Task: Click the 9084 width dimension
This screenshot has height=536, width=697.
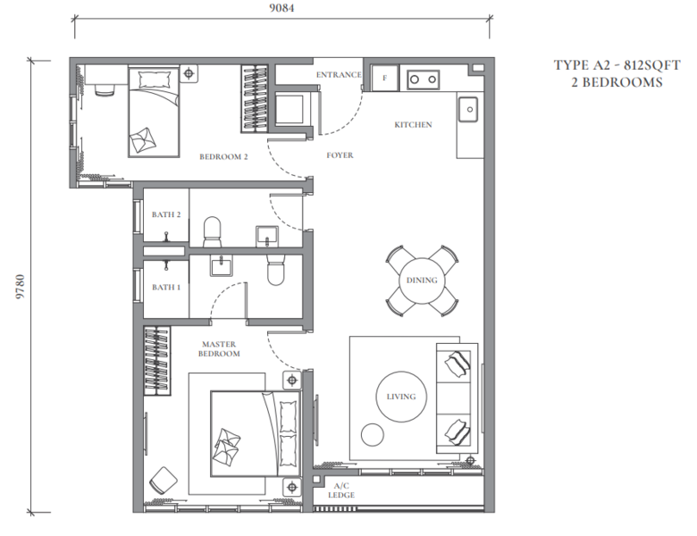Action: pos(281,8)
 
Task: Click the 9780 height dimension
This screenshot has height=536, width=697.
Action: pos(21,287)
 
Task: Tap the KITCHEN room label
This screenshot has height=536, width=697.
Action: pos(413,125)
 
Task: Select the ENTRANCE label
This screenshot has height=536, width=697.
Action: pos(339,75)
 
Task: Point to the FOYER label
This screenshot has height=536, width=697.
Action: pos(340,155)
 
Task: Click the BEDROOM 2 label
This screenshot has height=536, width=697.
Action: pos(223,157)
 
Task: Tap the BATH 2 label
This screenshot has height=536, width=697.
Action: pos(166,214)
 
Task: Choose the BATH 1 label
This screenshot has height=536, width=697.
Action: pos(166,287)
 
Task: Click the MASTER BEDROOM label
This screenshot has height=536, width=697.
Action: pos(219,349)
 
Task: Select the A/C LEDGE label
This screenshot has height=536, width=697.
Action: pos(341,490)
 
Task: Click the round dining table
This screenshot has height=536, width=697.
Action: pos(422,281)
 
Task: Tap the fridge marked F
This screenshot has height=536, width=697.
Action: pos(384,78)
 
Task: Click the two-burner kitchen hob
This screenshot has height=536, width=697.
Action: pos(424,80)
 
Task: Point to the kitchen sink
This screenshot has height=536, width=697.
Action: pos(468,109)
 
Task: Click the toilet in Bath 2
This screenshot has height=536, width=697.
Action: pos(212,231)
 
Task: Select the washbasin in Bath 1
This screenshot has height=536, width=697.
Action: pos(221,267)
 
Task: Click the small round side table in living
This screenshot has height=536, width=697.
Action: pos(372,434)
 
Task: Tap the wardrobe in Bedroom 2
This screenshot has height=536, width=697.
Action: pos(255,98)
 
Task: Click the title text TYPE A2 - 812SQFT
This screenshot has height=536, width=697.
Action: pos(617,65)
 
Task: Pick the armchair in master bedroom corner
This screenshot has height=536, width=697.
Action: pos(164,481)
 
